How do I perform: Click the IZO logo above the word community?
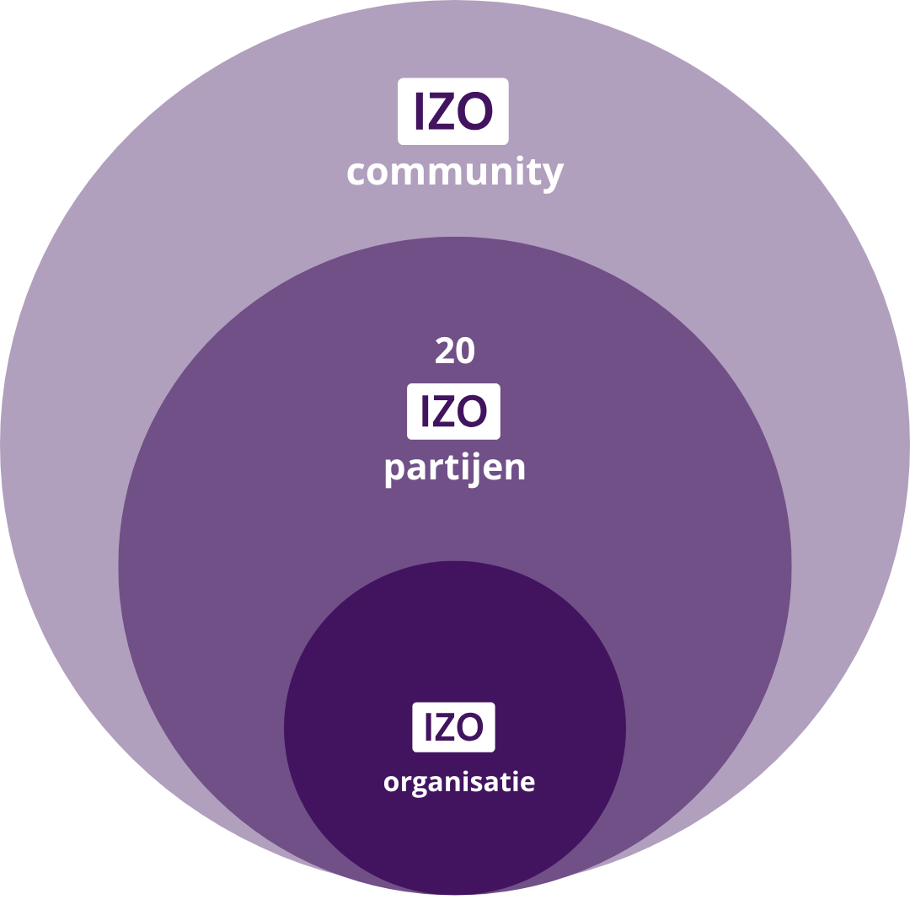[x=452, y=110]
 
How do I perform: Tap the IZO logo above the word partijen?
[x=453, y=411]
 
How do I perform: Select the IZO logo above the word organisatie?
[x=453, y=726]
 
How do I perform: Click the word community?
[x=454, y=173]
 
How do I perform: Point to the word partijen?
[x=455, y=468]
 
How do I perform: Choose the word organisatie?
[x=459, y=783]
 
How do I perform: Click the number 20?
[x=455, y=351]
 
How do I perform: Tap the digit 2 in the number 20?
[x=445, y=351]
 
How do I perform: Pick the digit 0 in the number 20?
[x=466, y=351]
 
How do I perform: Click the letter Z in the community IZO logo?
[x=442, y=110]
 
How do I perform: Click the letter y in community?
[x=552, y=175]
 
